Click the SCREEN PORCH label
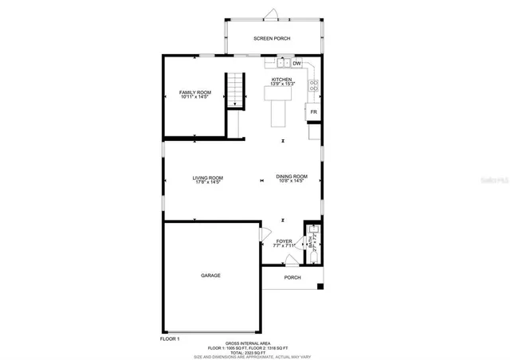[272, 38]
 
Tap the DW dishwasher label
[296, 63]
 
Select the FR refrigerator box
[314, 112]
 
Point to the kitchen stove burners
[314, 83]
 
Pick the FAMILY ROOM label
[194, 94]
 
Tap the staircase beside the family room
[234, 89]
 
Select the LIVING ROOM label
[207, 179]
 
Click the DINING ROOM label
[292, 178]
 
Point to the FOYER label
[284, 242]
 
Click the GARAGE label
[210, 276]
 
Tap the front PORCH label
[292, 278]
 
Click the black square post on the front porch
[320, 285]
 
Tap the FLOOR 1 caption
[170, 338]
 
